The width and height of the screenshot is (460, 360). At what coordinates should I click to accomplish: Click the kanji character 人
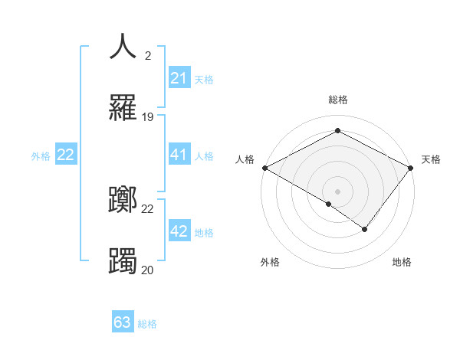click(123, 47)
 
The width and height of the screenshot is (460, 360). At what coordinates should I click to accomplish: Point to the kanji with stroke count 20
click(123, 261)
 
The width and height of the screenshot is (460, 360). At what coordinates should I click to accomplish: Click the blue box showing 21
click(179, 78)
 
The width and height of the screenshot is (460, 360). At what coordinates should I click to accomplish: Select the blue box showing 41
click(179, 155)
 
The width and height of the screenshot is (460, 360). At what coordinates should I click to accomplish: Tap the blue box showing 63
click(123, 322)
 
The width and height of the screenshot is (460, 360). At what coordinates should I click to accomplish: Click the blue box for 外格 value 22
click(65, 155)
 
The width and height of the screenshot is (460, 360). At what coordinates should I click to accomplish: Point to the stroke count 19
click(148, 117)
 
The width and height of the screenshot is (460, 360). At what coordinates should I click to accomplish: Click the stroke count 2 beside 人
click(148, 55)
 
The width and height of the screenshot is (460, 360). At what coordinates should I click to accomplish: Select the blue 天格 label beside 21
click(204, 79)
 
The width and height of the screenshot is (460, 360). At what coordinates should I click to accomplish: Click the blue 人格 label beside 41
click(204, 156)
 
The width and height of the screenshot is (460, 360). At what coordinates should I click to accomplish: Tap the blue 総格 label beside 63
click(147, 323)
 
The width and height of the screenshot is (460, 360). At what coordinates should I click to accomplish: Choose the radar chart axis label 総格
click(337, 100)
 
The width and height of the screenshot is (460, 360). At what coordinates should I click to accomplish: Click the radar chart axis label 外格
click(270, 262)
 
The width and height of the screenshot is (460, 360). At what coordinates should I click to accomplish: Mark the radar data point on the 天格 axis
click(411, 168)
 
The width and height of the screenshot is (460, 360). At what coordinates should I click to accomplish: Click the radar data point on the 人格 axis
click(264, 168)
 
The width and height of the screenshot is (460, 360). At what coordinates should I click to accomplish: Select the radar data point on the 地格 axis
click(365, 229)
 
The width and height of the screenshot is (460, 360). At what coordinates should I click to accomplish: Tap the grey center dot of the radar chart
click(337, 191)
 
